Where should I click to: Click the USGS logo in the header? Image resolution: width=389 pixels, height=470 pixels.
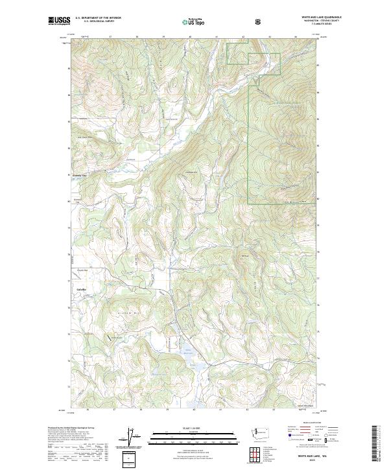point(60,21)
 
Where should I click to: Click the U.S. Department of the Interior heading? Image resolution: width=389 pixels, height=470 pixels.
point(98,18)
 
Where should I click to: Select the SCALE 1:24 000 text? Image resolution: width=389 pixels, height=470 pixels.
point(194,429)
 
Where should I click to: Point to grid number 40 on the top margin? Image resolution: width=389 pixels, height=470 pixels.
point(190,38)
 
